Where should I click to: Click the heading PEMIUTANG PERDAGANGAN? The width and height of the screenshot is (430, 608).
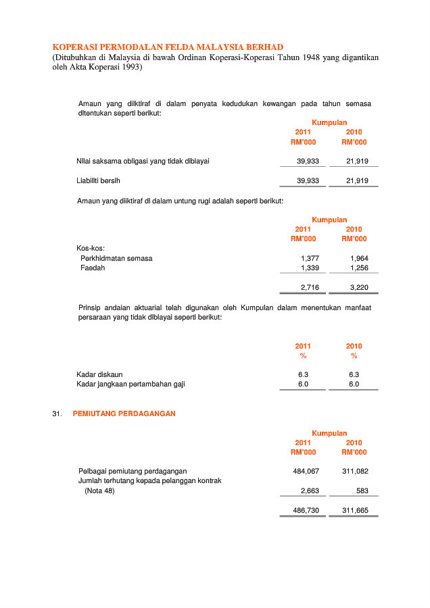point(124,413)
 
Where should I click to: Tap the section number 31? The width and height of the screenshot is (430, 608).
point(57,413)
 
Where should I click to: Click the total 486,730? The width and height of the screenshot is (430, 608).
point(306,511)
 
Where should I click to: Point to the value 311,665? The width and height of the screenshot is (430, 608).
point(355,511)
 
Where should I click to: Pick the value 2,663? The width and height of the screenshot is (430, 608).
point(310,491)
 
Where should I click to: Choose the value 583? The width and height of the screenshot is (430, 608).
point(362,491)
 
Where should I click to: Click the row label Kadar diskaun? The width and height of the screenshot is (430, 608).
point(99,374)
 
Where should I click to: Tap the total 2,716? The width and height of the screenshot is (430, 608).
point(310,288)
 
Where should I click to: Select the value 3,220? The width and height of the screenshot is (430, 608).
point(359,288)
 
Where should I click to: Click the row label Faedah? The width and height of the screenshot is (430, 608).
point(93,268)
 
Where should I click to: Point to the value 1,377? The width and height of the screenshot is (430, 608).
point(310,258)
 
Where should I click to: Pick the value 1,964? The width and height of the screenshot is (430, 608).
point(359,258)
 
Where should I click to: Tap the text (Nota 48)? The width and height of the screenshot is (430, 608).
point(99,491)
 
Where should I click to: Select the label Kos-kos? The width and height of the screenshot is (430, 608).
point(91,248)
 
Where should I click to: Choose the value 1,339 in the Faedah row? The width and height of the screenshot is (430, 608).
point(310,268)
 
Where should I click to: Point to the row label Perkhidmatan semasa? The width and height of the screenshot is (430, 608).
point(116,258)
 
